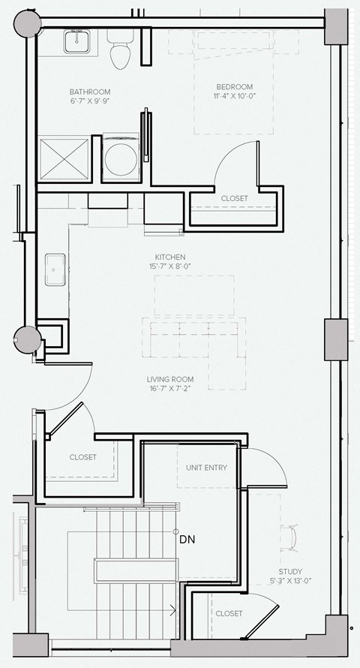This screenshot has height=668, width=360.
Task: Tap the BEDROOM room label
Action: point(235,86)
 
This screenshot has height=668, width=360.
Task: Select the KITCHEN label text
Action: point(170,257)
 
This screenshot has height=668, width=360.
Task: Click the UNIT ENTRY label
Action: point(206,468)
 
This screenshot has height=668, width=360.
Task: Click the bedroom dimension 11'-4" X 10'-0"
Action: point(235,96)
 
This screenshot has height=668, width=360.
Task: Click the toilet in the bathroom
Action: point(118,50)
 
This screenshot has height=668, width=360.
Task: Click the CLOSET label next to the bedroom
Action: point(234,198)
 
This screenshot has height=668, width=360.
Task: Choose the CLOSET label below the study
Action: point(229,613)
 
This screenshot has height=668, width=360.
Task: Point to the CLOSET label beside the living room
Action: point(82,457)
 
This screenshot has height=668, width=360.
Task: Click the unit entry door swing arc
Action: point(271,465)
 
